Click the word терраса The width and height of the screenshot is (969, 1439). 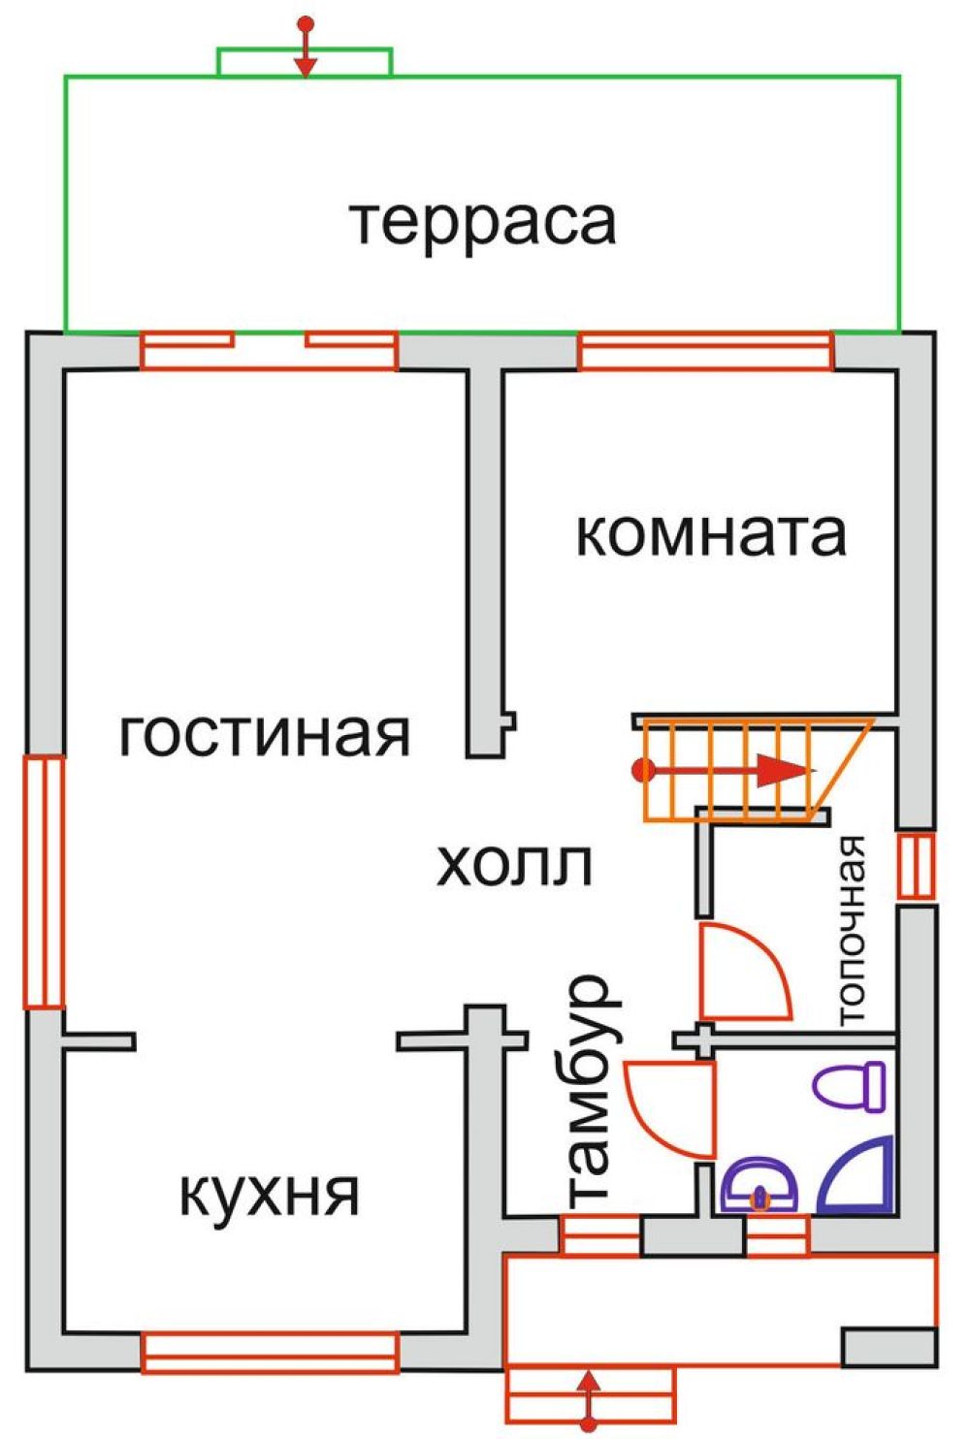(483, 223)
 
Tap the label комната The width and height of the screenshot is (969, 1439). (711, 534)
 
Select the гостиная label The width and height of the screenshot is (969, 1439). (265, 734)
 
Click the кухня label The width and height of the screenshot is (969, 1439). (270, 1194)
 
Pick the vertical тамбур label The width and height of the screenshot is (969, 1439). (588, 1091)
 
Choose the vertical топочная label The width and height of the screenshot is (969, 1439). (850, 930)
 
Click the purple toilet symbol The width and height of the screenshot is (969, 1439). (852, 1085)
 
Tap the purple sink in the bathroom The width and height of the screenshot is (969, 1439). (759, 1184)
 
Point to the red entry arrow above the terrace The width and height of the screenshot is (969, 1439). (307, 48)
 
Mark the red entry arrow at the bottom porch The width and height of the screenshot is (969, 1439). (588, 1397)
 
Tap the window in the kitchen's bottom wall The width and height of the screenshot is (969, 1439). (271, 1353)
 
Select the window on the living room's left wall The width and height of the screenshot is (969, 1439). (44, 881)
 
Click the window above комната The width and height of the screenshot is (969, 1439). (705, 351)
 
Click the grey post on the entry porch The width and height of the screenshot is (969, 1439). (888, 1347)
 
